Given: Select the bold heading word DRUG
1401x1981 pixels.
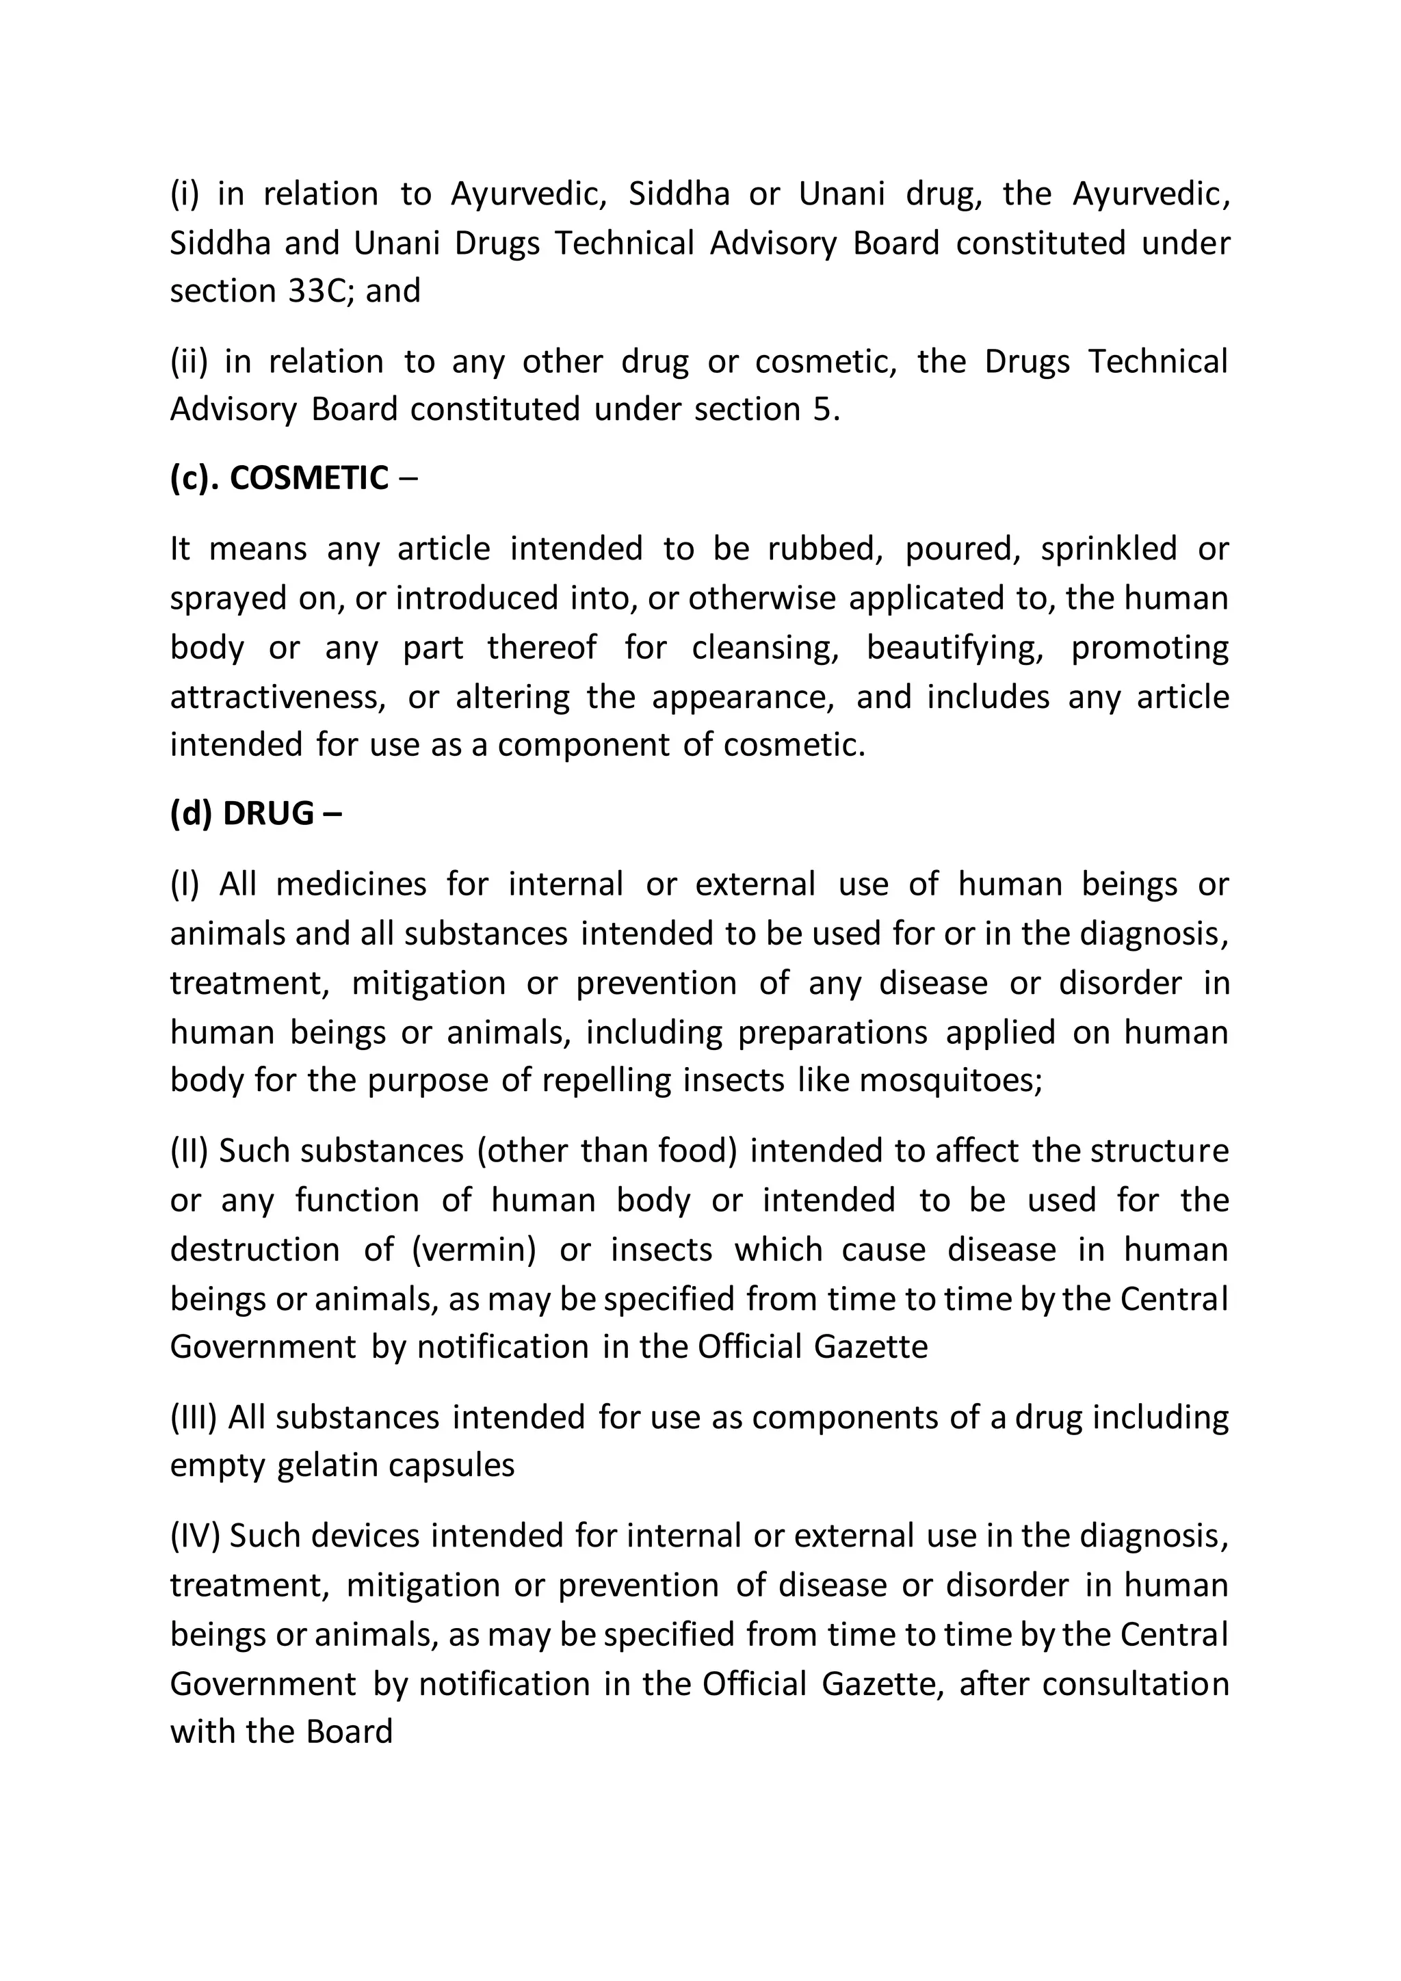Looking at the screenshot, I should [268, 813].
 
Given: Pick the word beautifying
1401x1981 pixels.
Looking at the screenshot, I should [955, 648].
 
